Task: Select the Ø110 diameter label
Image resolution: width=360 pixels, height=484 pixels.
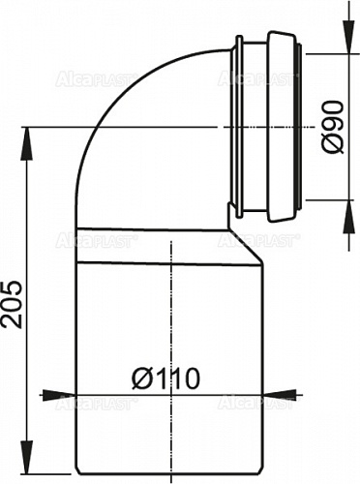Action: pos(171,378)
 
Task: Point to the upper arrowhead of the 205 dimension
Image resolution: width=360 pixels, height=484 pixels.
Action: pos(27,136)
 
